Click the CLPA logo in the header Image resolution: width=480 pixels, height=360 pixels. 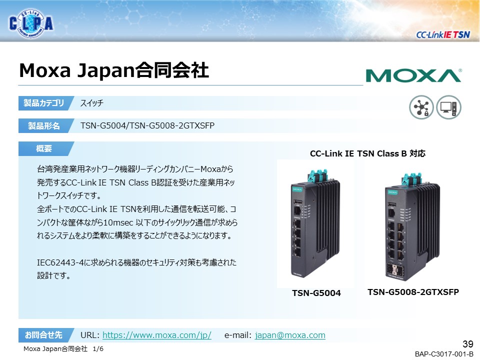point(31,23)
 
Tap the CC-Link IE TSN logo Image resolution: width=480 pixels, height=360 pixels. point(442,34)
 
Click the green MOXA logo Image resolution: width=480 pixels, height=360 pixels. point(413,75)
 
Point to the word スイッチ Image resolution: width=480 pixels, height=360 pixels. point(92,103)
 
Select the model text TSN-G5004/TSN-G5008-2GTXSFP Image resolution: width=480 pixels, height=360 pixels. point(147,125)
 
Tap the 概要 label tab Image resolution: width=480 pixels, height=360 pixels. point(44,148)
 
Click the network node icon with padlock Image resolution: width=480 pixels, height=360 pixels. point(421,107)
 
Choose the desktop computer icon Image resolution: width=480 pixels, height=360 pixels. point(448,107)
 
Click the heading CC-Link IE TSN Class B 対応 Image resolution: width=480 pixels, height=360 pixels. point(367,153)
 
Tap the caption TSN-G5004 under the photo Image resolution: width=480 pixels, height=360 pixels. point(316,293)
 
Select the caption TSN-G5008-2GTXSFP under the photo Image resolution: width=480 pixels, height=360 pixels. point(413,291)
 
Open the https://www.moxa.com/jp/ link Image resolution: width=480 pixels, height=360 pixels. point(156,335)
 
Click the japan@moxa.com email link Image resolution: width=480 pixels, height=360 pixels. point(290,335)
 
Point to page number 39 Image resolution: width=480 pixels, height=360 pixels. point(467,344)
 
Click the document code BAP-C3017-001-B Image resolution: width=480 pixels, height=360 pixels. point(443,354)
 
